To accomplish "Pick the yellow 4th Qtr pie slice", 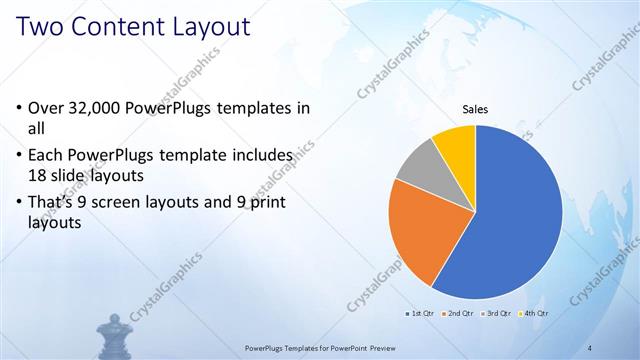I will [x=456, y=143].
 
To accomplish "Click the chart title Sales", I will [x=474, y=109].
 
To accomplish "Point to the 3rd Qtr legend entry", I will [x=497, y=313].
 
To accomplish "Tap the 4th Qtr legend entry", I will [x=534, y=313].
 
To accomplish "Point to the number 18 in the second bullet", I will [x=38, y=173].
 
